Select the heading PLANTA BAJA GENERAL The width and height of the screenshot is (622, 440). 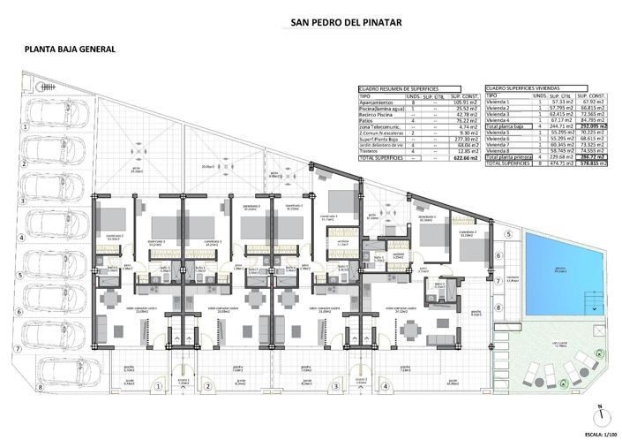(70, 49)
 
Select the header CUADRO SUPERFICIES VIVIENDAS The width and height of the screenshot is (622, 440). (528, 89)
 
